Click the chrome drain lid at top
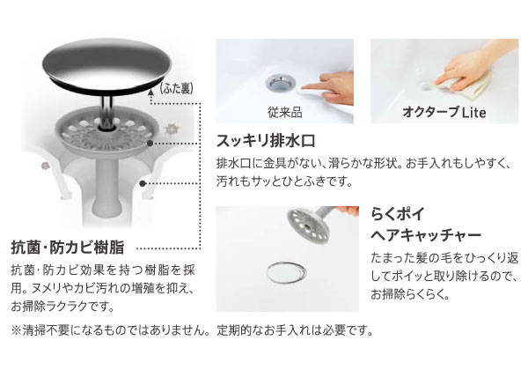107,69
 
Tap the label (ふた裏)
177,88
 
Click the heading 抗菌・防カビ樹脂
68,247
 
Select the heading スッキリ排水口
266,141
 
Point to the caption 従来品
284,112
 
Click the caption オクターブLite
444,112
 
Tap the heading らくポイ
398,214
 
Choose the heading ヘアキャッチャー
426,235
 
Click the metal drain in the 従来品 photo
280,83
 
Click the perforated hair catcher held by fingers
307,224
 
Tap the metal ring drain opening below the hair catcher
287,271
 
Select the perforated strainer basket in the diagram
107,133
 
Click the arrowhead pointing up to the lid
151,92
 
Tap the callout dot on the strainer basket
150,144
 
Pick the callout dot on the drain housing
143,183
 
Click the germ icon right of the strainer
172,129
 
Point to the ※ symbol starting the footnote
16,330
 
